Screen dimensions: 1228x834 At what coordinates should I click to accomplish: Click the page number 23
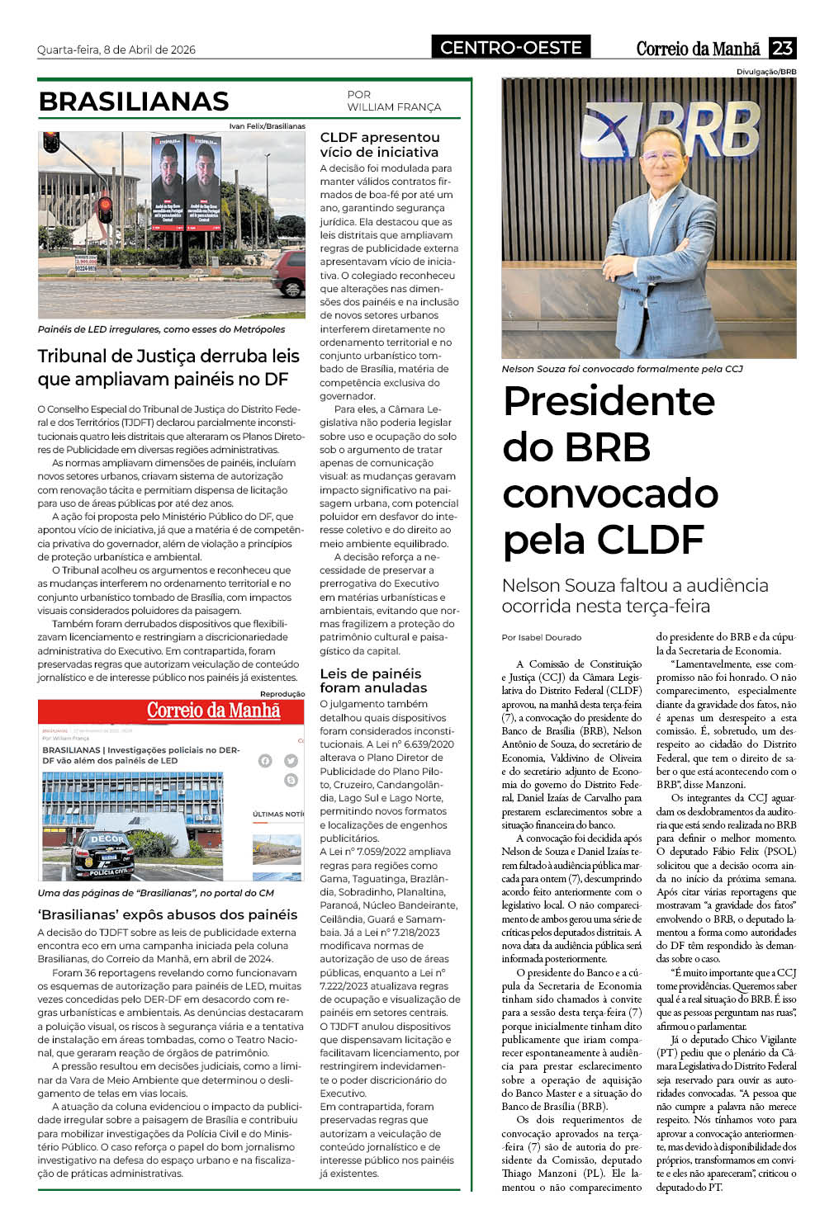click(x=782, y=48)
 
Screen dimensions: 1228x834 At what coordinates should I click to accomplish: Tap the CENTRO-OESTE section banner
click(x=510, y=48)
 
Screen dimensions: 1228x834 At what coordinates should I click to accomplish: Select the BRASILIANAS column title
click(x=134, y=101)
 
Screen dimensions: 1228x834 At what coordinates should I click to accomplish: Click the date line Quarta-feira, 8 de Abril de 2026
click(x=116, y=50)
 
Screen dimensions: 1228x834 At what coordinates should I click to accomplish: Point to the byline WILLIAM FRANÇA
click(x=394, y=107)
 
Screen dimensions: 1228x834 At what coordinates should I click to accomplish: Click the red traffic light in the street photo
click(x=105, y=206)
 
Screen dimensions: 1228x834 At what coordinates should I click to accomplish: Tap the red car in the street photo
click(x=289, y=274)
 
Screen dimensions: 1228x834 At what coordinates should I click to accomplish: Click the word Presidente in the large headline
click(x=609, y=401)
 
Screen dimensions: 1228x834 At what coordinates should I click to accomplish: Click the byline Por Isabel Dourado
click(x=542, y=637)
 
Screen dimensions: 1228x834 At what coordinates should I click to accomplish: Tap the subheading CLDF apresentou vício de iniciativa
click(x=380, y=144)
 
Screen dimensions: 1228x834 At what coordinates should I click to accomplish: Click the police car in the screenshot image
click(x=100, y=854)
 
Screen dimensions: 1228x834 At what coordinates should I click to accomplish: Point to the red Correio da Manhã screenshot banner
click(x=171, y=711)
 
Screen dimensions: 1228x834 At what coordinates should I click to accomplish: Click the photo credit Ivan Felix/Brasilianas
click(x=267, y=126)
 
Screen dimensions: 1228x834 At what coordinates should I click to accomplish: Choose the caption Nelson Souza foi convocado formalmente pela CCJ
click(x=622, y=369)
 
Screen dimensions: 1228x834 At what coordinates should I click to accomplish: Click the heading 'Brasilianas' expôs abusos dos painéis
click(x=167, y=914)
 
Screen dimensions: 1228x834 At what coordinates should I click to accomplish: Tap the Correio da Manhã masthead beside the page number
click(x=698, y=49)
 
